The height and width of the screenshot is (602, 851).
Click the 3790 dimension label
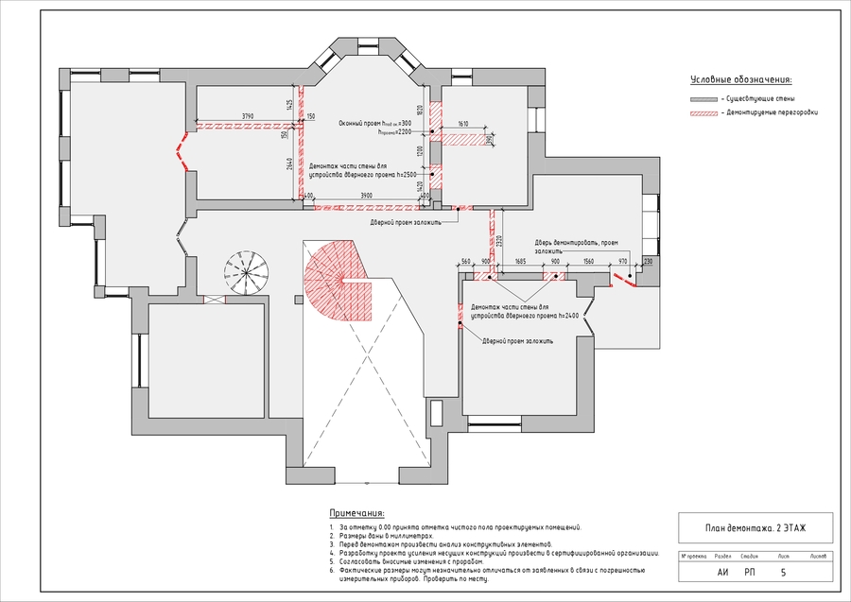[x=248, y=115]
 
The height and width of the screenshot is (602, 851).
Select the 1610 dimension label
[x=463, y=124]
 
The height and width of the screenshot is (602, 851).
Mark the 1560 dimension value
[x=588, y=260]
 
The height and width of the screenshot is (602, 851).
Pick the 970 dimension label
[x=623, y=260]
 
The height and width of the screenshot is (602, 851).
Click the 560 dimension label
[x=466, y=260]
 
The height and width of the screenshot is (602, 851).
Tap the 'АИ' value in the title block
[x=723, y=572]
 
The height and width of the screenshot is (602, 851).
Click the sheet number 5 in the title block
[x=783, y=572]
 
